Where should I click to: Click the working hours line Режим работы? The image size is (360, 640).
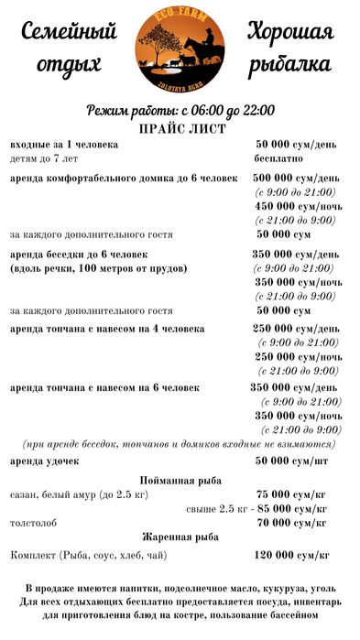point(180,111)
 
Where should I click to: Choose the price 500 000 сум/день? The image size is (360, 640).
point(296,178)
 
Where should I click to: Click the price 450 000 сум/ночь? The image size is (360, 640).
point(296,206)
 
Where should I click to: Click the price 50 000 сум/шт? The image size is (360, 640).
point(292,460)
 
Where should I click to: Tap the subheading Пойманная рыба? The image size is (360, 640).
point(180,481)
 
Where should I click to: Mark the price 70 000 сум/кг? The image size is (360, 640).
point(292,523)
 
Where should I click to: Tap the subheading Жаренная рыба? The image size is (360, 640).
point(180,537)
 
